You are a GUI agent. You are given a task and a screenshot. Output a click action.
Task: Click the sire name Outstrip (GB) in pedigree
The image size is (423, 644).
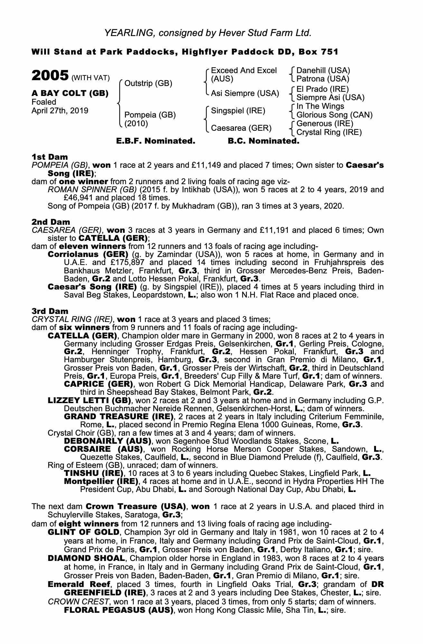pyautogui.click(x=148, y=84)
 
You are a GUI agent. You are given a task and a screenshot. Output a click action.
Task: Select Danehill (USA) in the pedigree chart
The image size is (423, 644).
pyautogui.click(x=323, y=70)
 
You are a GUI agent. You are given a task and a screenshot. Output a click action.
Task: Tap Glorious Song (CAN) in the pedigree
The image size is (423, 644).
pyautogui.click(x=334, y=115)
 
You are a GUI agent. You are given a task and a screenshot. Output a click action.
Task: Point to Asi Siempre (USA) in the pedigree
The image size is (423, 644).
pyautogui.click(x=245, y=93)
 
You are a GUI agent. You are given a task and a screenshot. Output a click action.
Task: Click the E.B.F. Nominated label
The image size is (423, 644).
pyautogui.click(x=155, y=141)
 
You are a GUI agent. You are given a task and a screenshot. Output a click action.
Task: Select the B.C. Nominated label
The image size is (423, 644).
pyautogui.click(x=263, y=141)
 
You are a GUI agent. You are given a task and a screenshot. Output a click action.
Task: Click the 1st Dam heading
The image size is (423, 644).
pyautogui.click(x=50, y=157)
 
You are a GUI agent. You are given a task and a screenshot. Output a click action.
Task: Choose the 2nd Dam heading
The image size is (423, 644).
pyautogui.click(x=51, y=222)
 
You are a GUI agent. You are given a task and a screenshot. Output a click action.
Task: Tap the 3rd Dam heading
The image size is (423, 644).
pyautogui.click(x=50, y=311)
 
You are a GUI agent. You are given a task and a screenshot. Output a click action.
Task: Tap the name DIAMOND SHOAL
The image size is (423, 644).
pyautogui.click(x=86, y=558)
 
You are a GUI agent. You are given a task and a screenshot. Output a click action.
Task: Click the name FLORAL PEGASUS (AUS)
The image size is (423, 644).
pyautogui.click(x=117, y=610)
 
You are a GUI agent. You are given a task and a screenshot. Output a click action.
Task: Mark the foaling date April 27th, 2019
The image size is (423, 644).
pyautogui.click(x=60, y=110)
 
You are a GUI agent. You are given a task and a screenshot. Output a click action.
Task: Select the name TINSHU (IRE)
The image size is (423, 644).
pyautogui.click(x=94, y=473)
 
